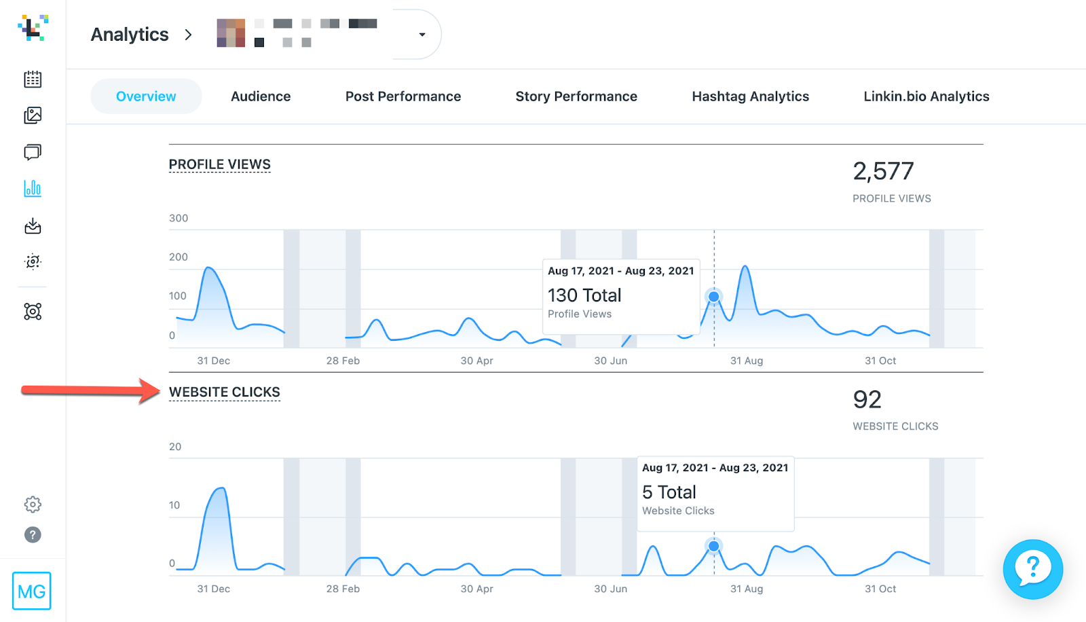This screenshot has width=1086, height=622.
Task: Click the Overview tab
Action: coord(146,96)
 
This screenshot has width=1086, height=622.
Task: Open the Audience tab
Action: coord(261,96)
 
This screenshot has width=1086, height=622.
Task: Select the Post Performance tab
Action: coord(403,96)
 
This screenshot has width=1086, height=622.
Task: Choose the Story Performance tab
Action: coord(576,96)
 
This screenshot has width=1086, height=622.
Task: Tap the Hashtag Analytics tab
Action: coord(750,96)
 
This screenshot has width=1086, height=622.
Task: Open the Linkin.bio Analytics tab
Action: coord(926,96)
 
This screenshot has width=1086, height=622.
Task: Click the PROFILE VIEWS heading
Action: coord(219,164)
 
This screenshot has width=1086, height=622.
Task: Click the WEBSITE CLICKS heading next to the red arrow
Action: coord(224,392)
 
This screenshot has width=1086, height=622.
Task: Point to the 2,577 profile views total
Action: coord(883,171)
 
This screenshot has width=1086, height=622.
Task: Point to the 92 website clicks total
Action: coord(867,400)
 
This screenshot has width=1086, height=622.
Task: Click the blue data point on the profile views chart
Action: coord(713,297)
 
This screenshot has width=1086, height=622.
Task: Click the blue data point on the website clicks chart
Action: coord(713,546)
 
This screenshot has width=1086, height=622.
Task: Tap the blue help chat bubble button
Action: coord(1032,569)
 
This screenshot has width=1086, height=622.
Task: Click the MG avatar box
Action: coord(32,591)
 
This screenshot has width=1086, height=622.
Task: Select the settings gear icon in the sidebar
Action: coord(33,505)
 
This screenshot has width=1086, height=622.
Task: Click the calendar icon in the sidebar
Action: coord(33,79)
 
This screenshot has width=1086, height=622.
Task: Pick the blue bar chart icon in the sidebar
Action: coord(33,188)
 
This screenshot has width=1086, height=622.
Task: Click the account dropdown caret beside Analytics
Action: coord(422,35)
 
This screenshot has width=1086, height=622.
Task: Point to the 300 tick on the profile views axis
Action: coord(179,218)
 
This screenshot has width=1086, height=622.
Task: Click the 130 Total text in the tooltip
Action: coord(584,295)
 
